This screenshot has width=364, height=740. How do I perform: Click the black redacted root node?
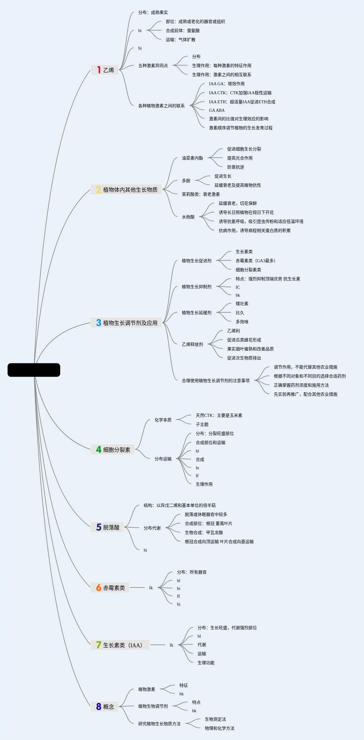[x=34, y=370]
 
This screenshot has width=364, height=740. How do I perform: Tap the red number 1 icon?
[x=99, y=70]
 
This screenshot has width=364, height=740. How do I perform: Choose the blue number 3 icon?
[x=99, y=323]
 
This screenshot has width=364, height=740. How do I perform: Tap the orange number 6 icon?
[x=99, y=587]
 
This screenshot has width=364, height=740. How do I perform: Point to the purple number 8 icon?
[x=99, y=706]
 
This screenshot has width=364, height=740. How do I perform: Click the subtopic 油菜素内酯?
[x=192, y=158]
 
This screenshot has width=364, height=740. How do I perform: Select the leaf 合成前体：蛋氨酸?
[x=183, y=31]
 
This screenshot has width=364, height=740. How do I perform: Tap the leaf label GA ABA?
[x=217, y=110]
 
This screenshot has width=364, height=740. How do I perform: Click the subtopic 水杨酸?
[x=188, y=217]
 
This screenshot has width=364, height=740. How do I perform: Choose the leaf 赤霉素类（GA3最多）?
[x=255, y=261]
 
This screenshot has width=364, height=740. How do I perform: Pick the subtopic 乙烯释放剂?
[x=192, y=344]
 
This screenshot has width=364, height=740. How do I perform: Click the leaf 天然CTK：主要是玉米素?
[x=219, y=415]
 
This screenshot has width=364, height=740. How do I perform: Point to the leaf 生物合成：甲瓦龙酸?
[x=204, y=532]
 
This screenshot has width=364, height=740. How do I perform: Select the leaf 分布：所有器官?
[x=192, y=572]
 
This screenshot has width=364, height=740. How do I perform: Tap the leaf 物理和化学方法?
[x=220, y=728]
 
